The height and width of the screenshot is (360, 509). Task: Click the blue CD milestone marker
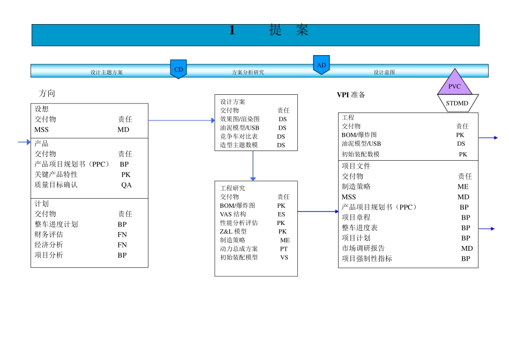pos(178,69)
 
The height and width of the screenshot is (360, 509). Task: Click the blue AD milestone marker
pos(321,64)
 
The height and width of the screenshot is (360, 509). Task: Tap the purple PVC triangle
pos(454,85)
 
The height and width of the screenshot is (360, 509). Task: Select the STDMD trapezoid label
pos(456,103)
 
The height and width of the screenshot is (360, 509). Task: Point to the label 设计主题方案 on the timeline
pos(107,72)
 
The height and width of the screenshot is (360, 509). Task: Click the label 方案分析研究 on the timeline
pos(248,72)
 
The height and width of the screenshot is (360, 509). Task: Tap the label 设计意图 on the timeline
pos(384,72)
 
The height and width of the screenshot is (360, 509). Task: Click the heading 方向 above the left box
pos(47,93)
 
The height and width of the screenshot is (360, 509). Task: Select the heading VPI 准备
pos(351,95)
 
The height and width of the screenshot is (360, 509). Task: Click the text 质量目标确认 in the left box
pos(56,185)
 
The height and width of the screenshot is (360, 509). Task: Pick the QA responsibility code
pos(126,185)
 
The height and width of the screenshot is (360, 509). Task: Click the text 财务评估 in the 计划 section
pos(49,234)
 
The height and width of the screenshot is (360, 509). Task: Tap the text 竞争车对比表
pos(239,137)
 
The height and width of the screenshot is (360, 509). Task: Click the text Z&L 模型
pos(233,231)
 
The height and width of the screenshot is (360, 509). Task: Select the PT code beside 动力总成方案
pos(283,249)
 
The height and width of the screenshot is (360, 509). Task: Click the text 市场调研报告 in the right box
pos(363,248)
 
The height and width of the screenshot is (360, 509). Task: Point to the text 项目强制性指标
pos(367,258)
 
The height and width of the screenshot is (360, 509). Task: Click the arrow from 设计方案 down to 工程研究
pos(253,166)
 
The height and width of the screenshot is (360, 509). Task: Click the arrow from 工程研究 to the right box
pos(318,212)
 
